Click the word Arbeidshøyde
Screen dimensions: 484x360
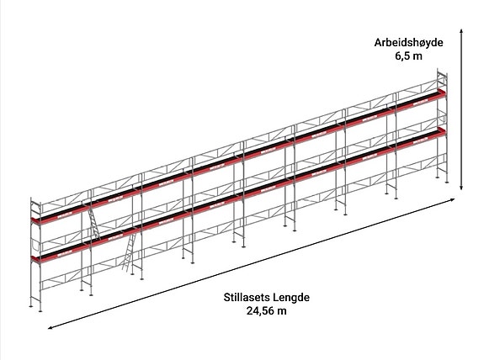[x=408, y=43]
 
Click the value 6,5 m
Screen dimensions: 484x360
[x=408, y=56]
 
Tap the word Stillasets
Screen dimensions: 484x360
[x=247, y=298]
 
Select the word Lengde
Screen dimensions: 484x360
[x=291, y=298]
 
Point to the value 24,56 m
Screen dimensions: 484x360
[x=266, y=310]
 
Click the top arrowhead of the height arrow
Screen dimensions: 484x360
[x=461, y=31]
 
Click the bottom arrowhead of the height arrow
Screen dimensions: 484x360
[x=461, y=188]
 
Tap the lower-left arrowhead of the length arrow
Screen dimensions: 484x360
[x=51, y=328]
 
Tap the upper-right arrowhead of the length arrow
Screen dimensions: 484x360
[x=453, y=199]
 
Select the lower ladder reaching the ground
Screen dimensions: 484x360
[x=129, y=252]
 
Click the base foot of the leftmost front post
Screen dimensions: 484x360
[x=40, y=310]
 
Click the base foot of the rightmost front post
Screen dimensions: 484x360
[x=447, y=182]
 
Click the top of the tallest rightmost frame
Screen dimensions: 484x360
[x=442, y=71]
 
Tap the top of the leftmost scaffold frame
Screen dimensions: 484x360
[x=35, y=201]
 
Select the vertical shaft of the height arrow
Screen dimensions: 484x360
[x=461, y=109]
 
